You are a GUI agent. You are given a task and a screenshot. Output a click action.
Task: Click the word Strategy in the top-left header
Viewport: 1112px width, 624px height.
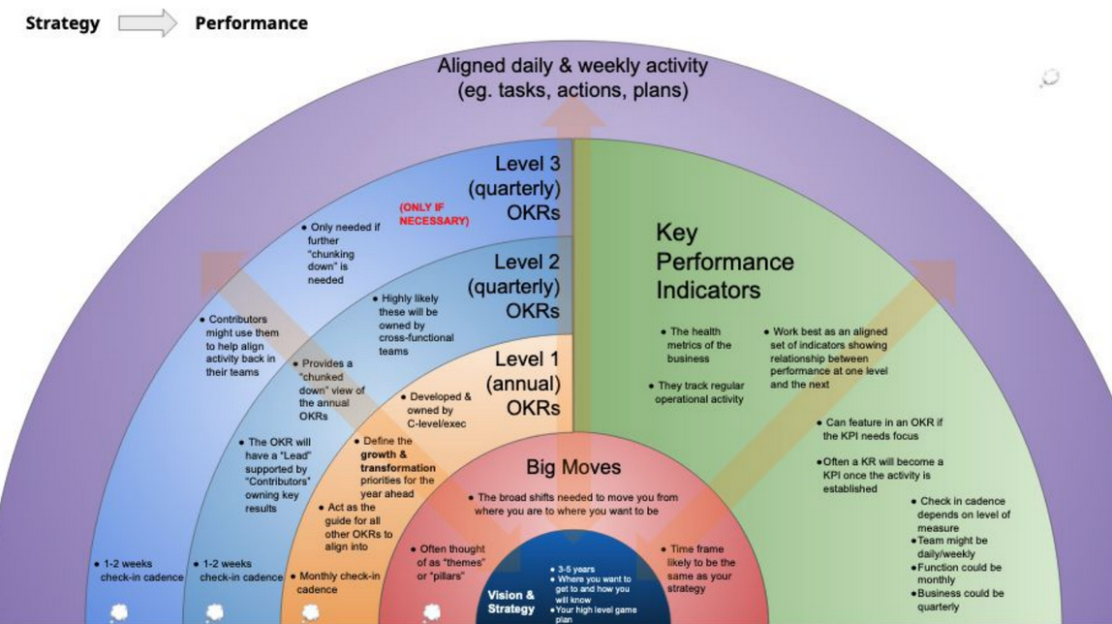click(x=62, y=23)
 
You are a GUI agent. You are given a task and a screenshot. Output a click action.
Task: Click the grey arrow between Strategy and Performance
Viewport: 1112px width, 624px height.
click(x=147, y=23)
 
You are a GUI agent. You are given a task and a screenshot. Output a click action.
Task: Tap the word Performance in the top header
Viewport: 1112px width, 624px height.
click(x=251, y=23)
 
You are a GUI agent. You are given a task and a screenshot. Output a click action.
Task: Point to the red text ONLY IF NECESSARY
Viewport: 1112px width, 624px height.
click(x=433, y=214)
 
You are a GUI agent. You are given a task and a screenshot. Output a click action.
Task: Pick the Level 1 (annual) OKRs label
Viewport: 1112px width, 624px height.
click(x=522, y=384)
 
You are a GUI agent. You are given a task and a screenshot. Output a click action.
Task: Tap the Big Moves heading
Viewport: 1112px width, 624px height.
click(x=573, y=467)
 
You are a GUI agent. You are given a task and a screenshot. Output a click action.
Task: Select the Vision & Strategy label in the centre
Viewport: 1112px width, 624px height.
click(x=510, y=602)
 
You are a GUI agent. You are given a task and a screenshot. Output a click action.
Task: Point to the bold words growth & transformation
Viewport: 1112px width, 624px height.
click(x=398, y=460)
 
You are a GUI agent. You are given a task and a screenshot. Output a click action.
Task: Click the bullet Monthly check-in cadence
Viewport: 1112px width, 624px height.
click(x=338, y=582)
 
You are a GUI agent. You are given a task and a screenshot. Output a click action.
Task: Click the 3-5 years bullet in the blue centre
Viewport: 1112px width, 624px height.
click(x=572, y=569)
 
